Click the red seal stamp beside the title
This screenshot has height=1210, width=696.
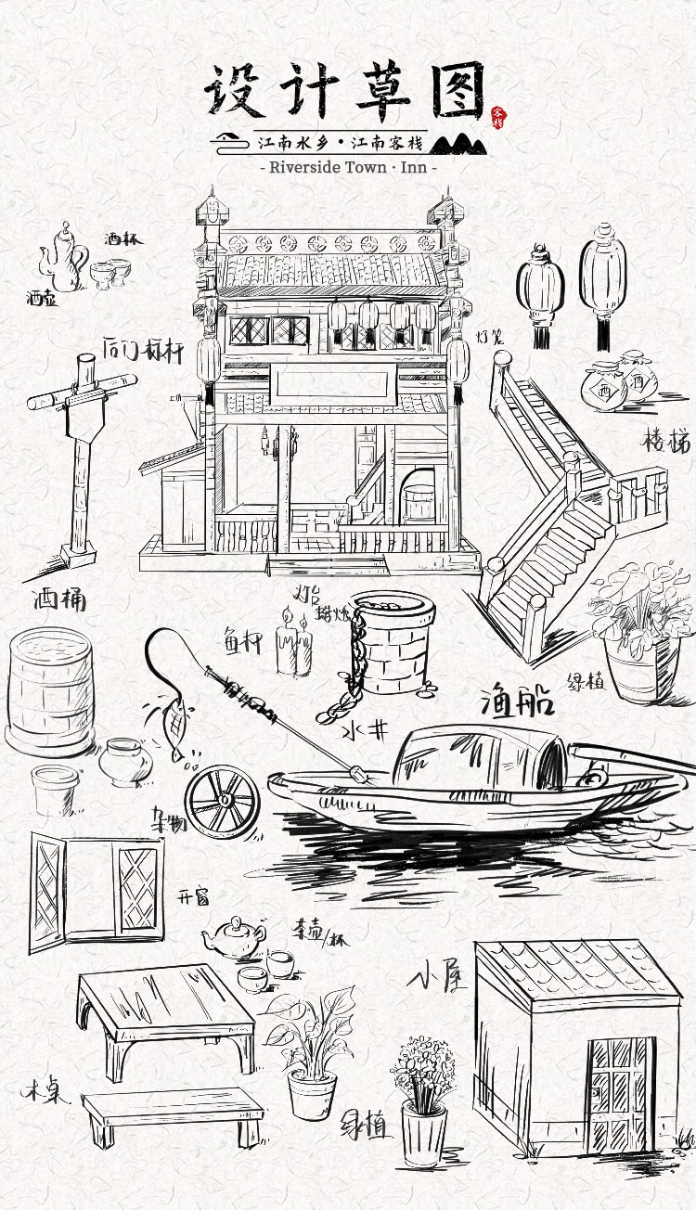pos(496,115)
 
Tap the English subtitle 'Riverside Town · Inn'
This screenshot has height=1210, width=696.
pos(348,168)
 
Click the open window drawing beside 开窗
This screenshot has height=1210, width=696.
pos(96,889)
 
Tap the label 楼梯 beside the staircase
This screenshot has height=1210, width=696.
pos(665,443)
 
